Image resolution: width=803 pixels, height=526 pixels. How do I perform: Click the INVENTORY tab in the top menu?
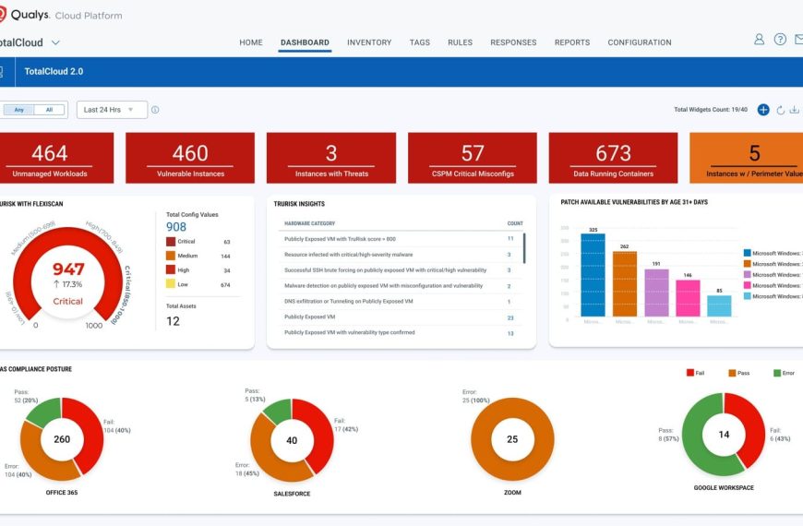[369, 42]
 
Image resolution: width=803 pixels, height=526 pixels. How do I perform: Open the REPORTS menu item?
[572, 42]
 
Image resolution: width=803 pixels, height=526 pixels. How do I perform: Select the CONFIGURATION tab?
[640, 42]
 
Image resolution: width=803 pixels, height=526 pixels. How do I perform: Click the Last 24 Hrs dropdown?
[111, 110]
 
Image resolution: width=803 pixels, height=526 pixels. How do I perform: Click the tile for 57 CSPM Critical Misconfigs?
[473, 158]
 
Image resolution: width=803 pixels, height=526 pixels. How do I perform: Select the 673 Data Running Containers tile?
[613, 158]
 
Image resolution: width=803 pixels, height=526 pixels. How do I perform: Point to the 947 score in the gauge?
[68, 269]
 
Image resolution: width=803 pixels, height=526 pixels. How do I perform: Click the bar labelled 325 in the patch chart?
[593, 274]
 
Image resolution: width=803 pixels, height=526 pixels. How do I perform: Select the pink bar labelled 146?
[687, 297]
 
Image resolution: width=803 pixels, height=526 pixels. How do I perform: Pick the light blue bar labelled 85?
[719, 305]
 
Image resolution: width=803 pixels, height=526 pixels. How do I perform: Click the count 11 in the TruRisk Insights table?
[509, 238]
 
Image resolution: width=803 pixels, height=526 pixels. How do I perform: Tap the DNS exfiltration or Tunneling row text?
[348, 302]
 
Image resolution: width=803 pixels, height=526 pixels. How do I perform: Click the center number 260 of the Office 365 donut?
[62, 439]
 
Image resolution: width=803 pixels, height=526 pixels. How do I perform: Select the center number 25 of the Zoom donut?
[512, 439]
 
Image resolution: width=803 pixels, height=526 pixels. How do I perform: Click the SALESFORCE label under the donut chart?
[292, 493]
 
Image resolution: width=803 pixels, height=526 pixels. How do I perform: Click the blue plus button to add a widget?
[763, 110]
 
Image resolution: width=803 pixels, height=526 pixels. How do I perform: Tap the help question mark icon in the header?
[780, 40]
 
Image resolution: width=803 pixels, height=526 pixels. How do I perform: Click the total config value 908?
[176, 226]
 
